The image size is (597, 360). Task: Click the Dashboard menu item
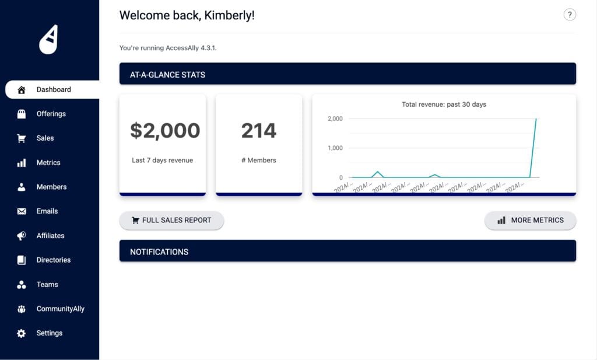click(53, 90)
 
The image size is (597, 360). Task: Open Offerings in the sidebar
click(51, 114)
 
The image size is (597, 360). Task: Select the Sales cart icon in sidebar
click(22, 138)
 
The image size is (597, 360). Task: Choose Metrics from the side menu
click(48, 163)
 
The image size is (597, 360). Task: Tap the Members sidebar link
click(51, 187)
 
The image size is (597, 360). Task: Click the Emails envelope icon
click(22, 211)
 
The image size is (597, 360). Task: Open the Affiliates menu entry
click(50, 236)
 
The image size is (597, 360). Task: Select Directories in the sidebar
click(53, 260)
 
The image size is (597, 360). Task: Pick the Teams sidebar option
click(47, 285)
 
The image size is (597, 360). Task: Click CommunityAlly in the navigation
click(60, 309)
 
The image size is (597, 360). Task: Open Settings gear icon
click(22, 333)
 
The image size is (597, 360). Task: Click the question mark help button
click(570, 15)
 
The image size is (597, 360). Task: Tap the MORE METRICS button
click(530, 221)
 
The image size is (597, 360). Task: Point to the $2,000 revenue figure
click(165, 131)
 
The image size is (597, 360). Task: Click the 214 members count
click(259, 131)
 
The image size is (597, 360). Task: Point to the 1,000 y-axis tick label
click(335, 148)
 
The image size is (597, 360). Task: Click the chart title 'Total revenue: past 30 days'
click(444, 104)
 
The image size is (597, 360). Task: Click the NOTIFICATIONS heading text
click(159, 252)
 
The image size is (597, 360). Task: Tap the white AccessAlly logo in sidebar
click(49, 40)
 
